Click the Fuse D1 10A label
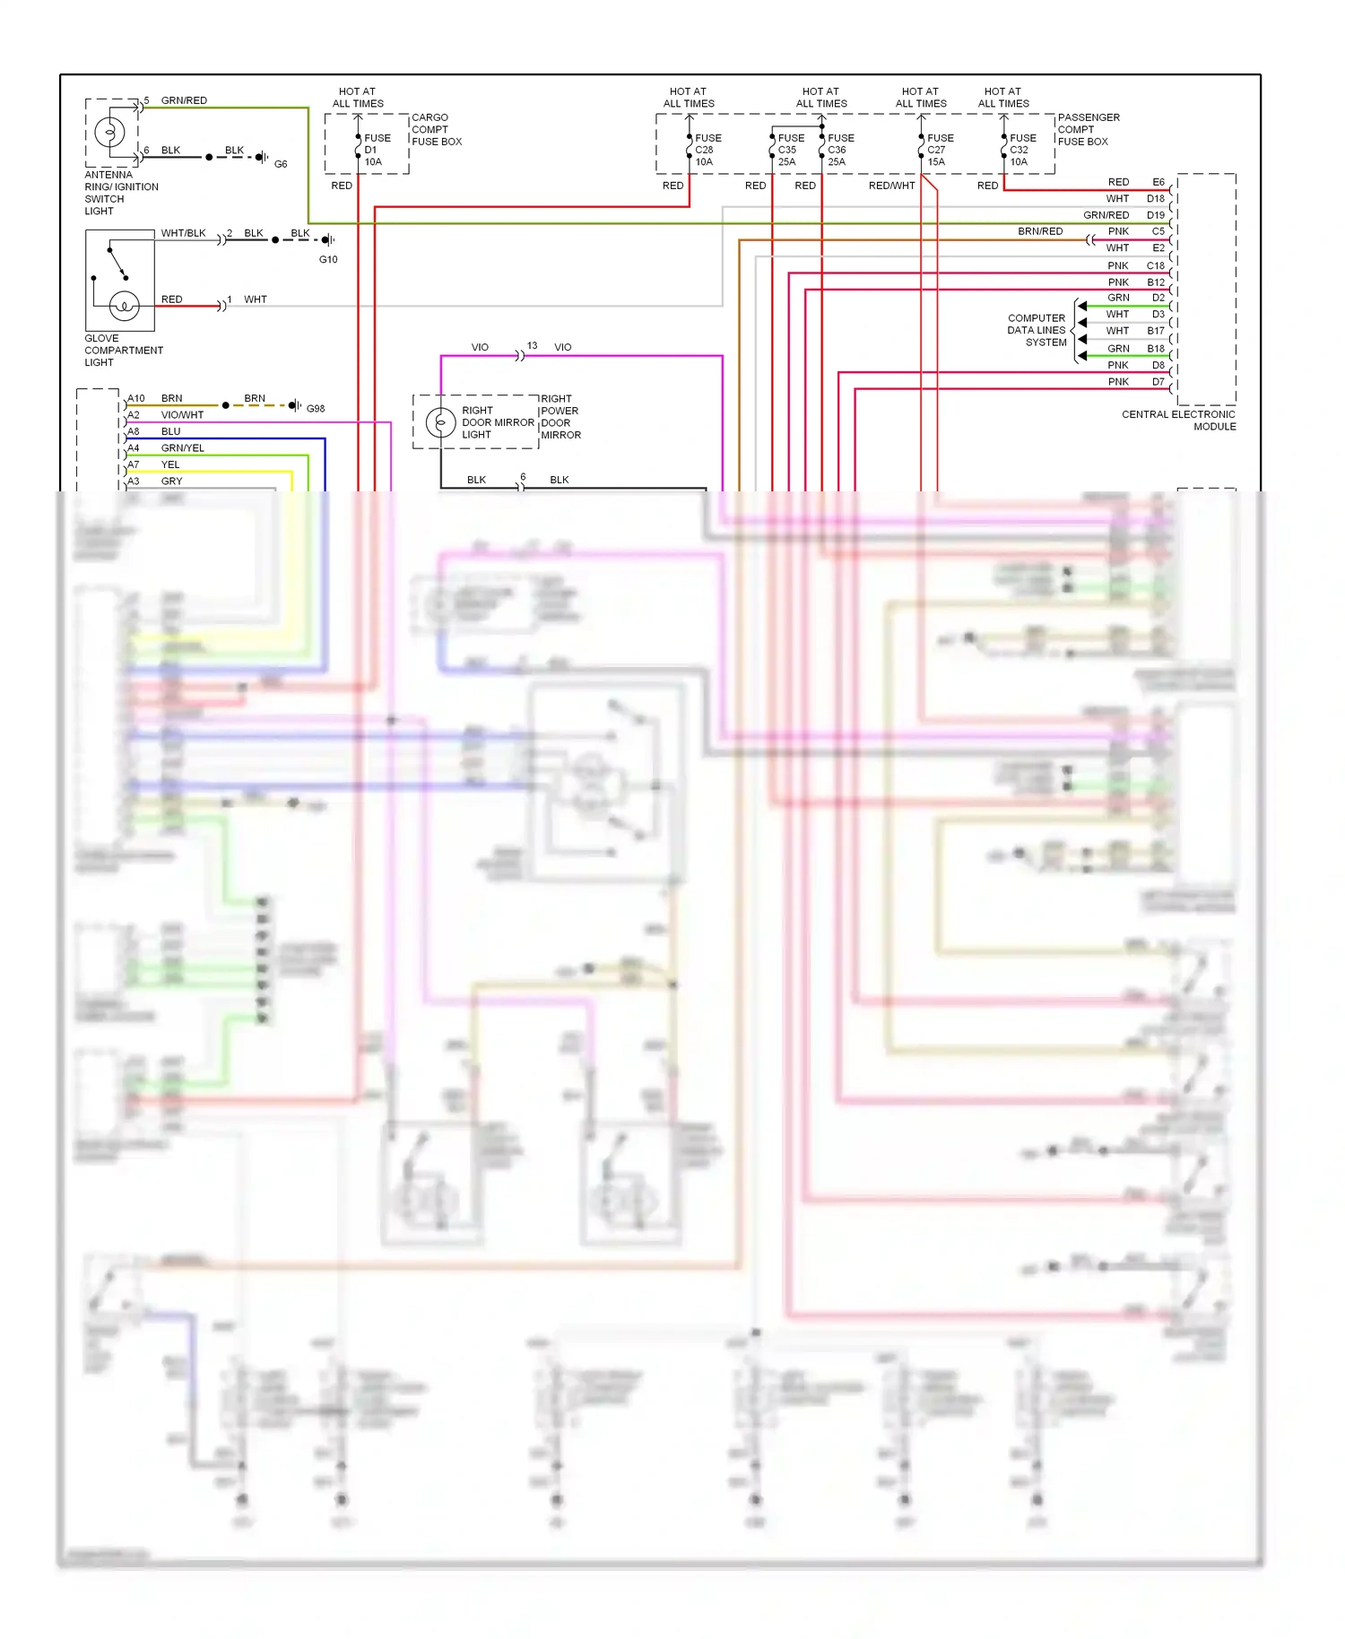(377, 150)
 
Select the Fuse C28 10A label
(707, 150)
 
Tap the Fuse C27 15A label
(940, 150)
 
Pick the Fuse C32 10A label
(1022, 150)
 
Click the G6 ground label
(281, 164)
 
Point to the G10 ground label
(328, 259)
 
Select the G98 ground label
(316, 409)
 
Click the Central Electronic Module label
(1178, 421)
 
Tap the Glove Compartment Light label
(124, 351)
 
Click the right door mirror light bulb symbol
(440, 422)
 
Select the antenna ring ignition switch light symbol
(110, 133)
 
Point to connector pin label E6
(1158, 182)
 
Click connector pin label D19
(1155, 215)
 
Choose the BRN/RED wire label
(1040, 231)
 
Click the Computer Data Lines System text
(1037, 330)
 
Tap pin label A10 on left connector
(136, 398)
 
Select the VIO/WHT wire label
(182, 415)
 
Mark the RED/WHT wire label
(891, 186)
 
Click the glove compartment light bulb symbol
(124, 306)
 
